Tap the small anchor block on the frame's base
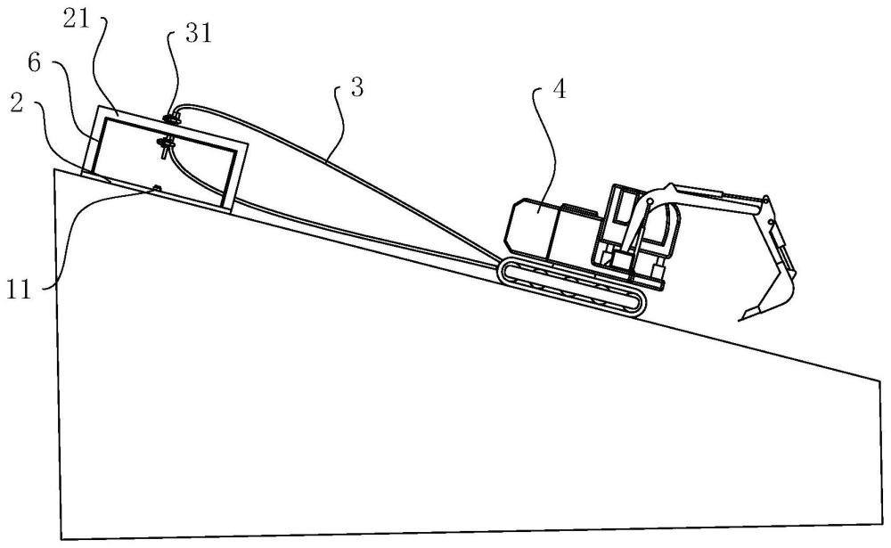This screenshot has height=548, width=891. click(157, 187)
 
